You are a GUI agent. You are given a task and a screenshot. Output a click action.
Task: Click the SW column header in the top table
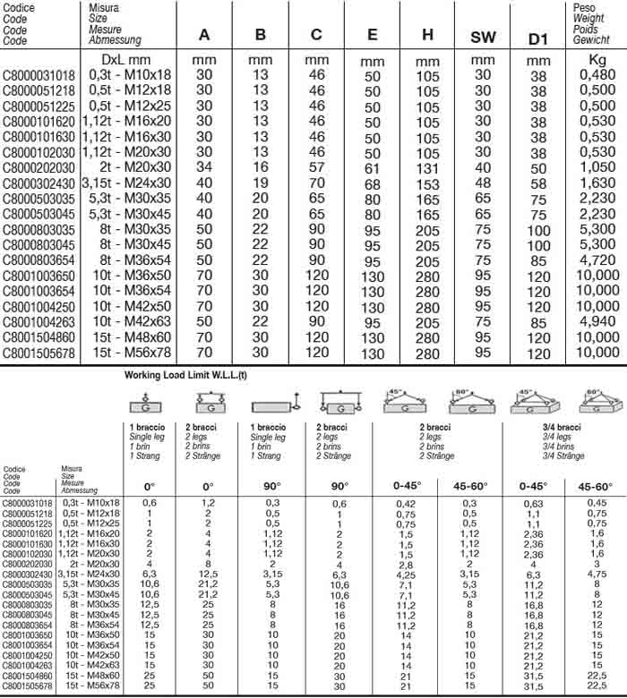483,37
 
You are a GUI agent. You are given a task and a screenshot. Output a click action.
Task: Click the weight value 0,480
597,74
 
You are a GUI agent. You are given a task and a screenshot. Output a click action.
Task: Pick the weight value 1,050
597,167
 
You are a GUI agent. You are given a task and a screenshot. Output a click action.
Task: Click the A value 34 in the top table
204,167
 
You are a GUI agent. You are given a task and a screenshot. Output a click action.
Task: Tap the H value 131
428,168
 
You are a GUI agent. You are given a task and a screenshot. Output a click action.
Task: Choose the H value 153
428,183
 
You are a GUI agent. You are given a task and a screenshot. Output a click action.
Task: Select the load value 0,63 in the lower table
536,504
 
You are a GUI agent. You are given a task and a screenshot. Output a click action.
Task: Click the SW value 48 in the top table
483,184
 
